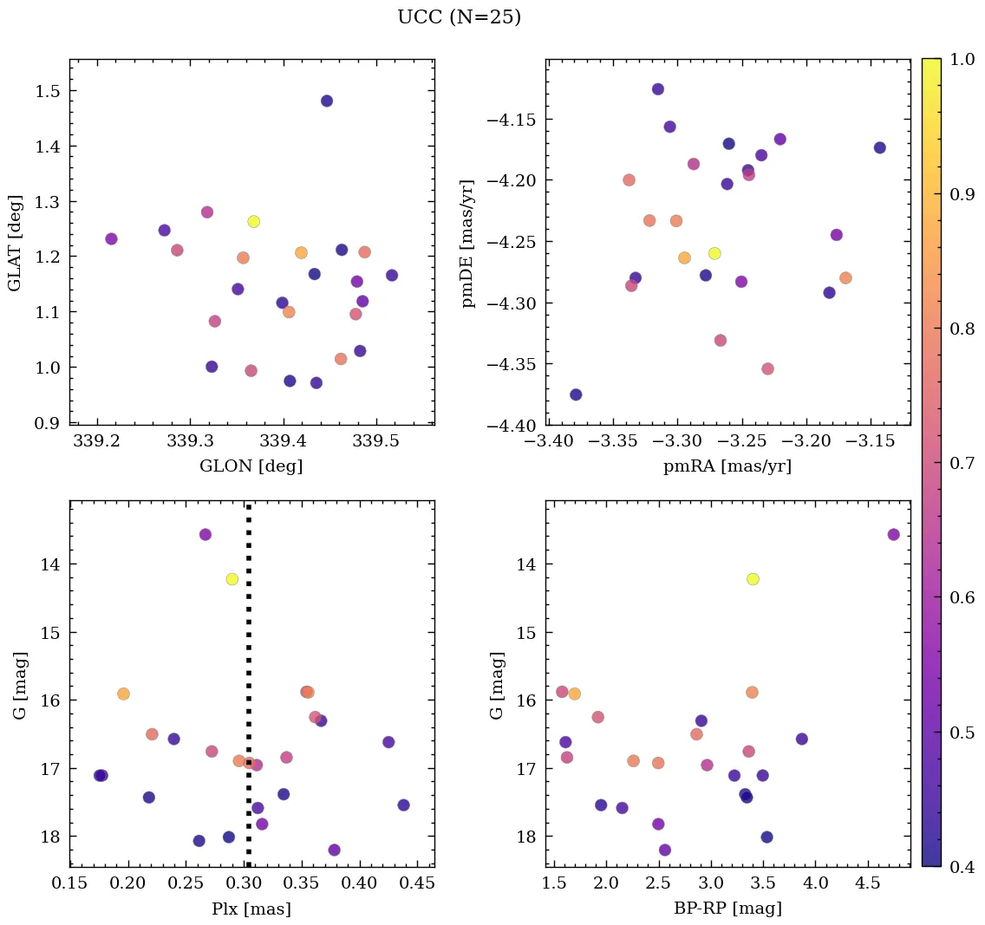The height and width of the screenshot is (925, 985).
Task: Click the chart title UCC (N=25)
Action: pos(459,17)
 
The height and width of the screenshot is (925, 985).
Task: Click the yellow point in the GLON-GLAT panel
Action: pos(253,221)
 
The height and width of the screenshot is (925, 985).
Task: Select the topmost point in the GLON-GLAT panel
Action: pos(327,101)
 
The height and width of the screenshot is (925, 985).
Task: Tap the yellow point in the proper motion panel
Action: pos(714,253)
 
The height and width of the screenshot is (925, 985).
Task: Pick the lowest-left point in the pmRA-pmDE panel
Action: pos(576,394)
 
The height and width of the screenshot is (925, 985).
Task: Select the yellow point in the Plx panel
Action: pos(232,579)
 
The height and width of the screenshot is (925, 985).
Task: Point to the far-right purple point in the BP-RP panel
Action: pos(893,534)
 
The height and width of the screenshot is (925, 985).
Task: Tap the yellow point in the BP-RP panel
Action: pos(753,579)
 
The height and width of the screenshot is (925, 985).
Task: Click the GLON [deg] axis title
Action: pos(251,466)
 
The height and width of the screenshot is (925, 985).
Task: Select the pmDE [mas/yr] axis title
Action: pos(469,243)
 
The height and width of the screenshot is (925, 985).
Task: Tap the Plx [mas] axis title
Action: pos(251,909)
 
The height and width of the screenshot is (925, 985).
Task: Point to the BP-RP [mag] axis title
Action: pos(727,909)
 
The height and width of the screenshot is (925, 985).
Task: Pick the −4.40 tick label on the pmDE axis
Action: pos(515,426)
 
